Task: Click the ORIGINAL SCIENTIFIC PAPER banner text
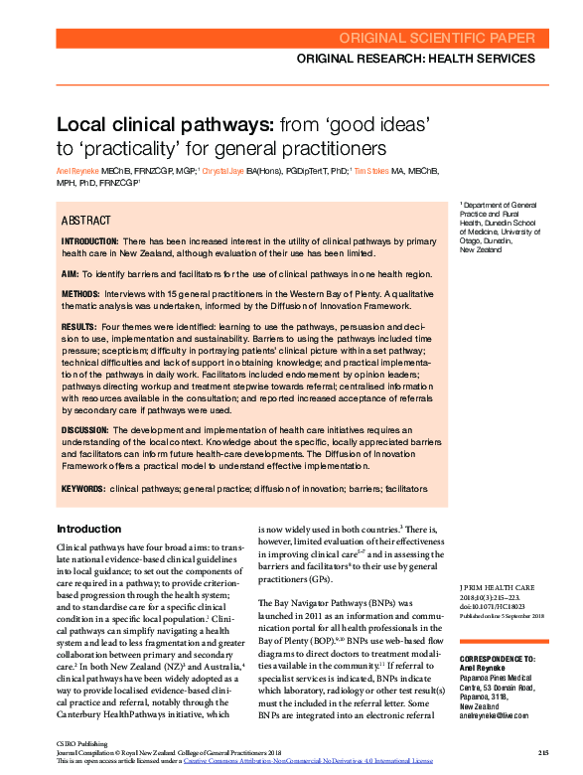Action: pyautogui.click(x=443, y=39)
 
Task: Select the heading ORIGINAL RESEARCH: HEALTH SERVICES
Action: pyautogui.click(x=422, y=60)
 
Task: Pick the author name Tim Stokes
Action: pyautogui.click(x=372, y=171)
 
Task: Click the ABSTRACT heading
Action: pyautogui.click(x=86, y=220)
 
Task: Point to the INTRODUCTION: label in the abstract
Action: pyautogui.click(x=90, y=241)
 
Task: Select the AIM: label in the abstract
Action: pyautogui.click(x=70, y=273)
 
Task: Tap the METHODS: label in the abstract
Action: pyautogui.click(x=80, y=295)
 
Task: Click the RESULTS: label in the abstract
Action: pyautogui.click(x=78, y=327)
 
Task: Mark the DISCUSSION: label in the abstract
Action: pyautogui.click(x=84, y=429)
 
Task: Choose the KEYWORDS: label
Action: pyautogui.click(x=82, y=489)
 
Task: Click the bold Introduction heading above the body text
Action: pyautogui.click(x=88, y=529)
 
